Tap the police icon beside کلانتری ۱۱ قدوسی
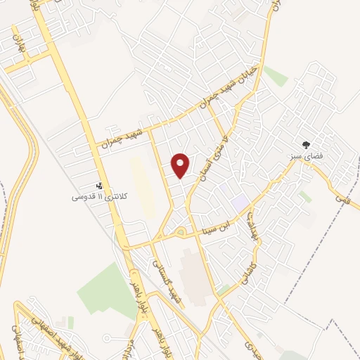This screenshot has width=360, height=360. point(99,187)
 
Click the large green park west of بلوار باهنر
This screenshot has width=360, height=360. point(106,288)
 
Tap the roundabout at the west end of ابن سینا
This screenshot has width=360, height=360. point(181,233)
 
